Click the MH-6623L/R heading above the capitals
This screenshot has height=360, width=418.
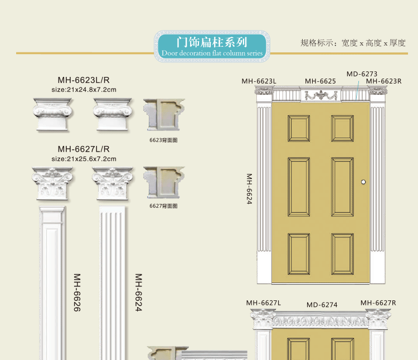84,80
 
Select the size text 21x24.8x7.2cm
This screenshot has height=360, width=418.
84,89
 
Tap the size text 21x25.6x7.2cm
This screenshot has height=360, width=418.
84,159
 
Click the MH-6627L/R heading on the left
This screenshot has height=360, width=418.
84,149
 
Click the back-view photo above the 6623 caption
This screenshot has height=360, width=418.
163,115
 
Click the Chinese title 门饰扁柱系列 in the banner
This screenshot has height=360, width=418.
211,42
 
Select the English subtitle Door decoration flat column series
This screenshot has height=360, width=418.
211,53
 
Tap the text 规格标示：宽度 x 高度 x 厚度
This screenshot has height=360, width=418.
353,43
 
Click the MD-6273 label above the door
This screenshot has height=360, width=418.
362,74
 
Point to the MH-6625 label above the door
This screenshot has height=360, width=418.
320,81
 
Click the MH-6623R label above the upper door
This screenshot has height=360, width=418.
383,81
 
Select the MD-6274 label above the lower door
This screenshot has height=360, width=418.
322,305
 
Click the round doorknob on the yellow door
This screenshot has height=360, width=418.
363,182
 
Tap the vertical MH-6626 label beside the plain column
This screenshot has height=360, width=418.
77,293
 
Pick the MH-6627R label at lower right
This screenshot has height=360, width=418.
378,303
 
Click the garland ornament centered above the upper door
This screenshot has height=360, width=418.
321,95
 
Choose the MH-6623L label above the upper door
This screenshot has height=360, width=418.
259,81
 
